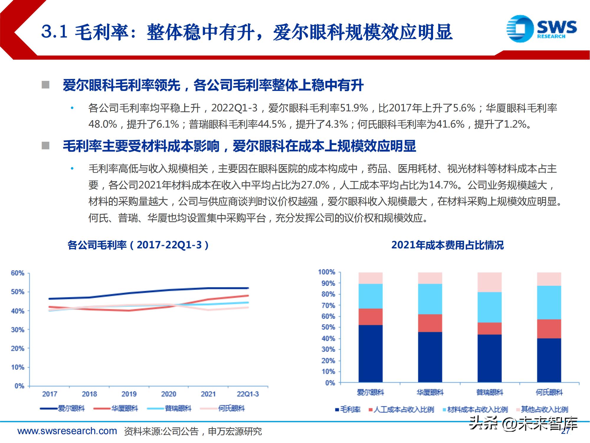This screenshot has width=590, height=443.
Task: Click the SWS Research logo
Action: [541, 29]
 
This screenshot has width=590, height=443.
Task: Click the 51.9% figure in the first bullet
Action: [354, 108]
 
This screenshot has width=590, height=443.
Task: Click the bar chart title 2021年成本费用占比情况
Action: [447, 245]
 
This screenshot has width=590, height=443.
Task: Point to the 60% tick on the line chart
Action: [17, 273]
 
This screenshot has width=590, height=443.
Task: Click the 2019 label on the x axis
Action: [129, 394]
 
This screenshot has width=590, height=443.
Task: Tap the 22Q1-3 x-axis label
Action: [248, 394]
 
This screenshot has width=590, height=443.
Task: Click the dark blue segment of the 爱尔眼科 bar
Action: [371, 354]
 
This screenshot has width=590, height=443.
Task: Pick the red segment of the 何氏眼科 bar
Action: [549, 329]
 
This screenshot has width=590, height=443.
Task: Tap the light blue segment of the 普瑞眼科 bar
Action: [489, 307]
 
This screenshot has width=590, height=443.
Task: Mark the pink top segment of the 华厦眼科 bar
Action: [430, 278]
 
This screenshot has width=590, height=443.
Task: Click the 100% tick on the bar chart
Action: [326, 272]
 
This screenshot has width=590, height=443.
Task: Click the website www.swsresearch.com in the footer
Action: [67, 431]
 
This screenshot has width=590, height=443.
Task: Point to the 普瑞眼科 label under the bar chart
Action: [489, 392]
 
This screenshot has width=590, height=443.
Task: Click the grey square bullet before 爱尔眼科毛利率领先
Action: [45, 85]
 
